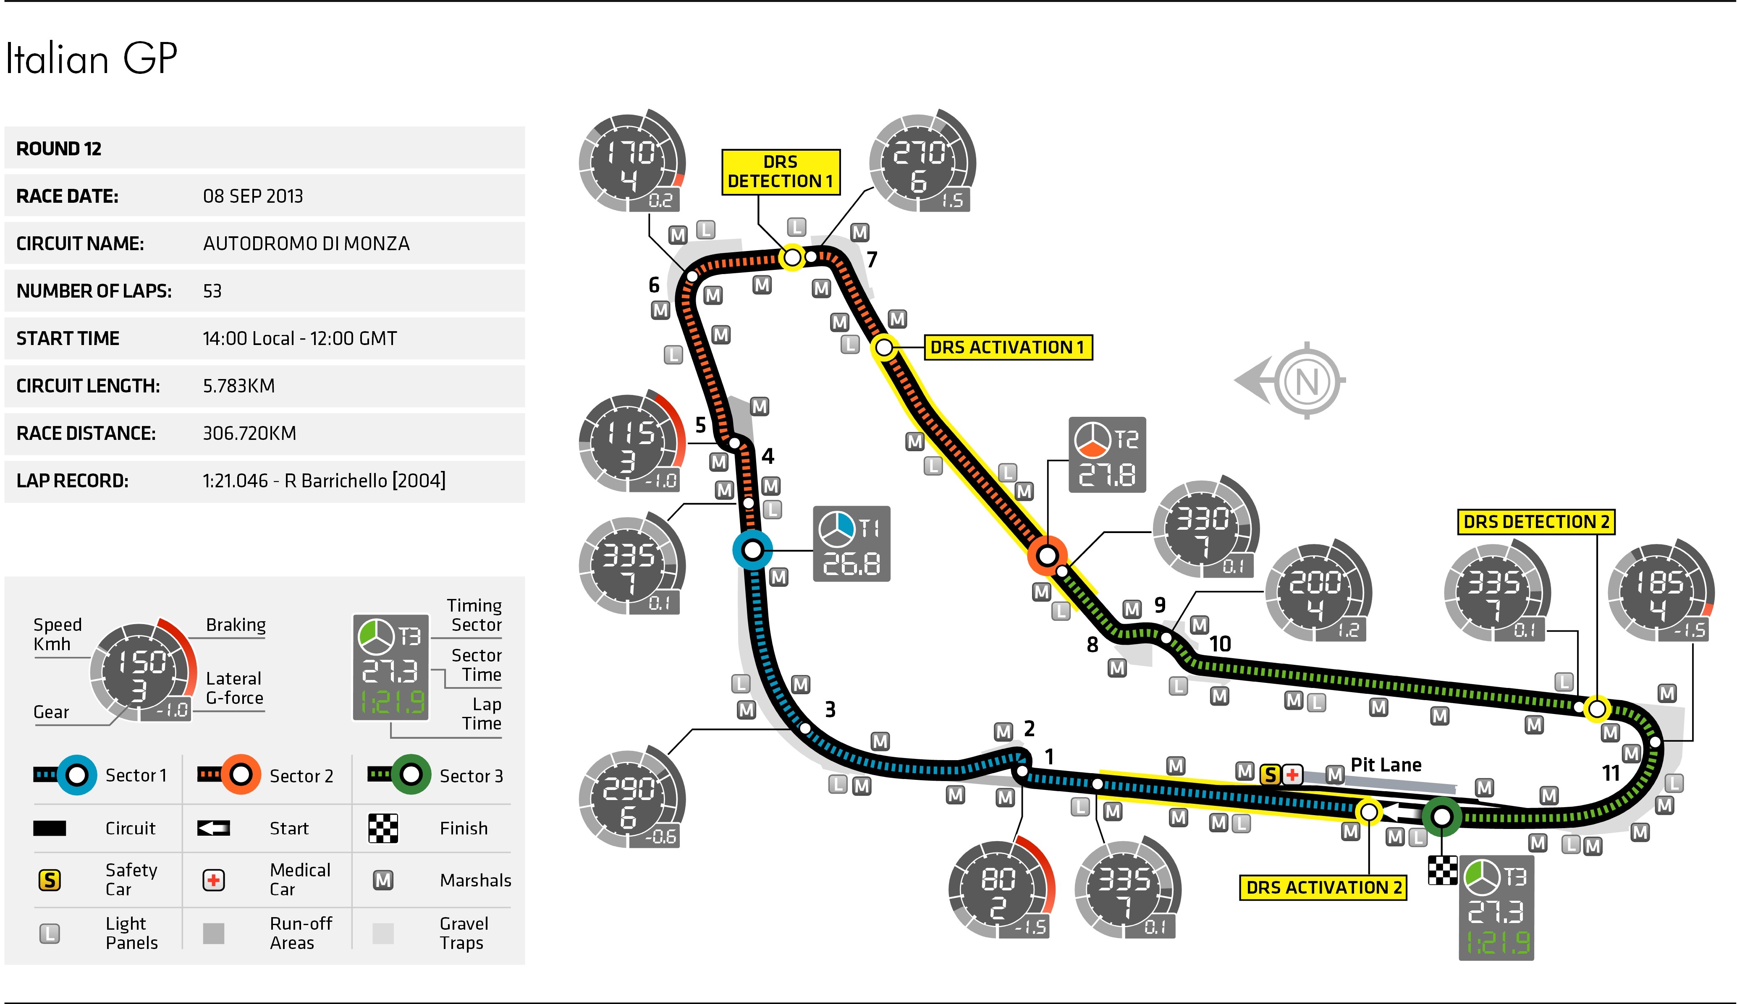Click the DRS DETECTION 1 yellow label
coord(780,172)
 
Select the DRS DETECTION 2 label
coord(1536,522)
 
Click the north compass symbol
coord(1307,380)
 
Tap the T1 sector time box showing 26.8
coord(851,544)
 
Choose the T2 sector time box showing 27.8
coord(1107,455)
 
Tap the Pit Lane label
coord(1386,765)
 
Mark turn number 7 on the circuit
coord(872,260)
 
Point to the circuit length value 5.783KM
coord(238,386)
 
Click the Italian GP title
coord(92,59)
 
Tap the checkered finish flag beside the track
coord(1442,870)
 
